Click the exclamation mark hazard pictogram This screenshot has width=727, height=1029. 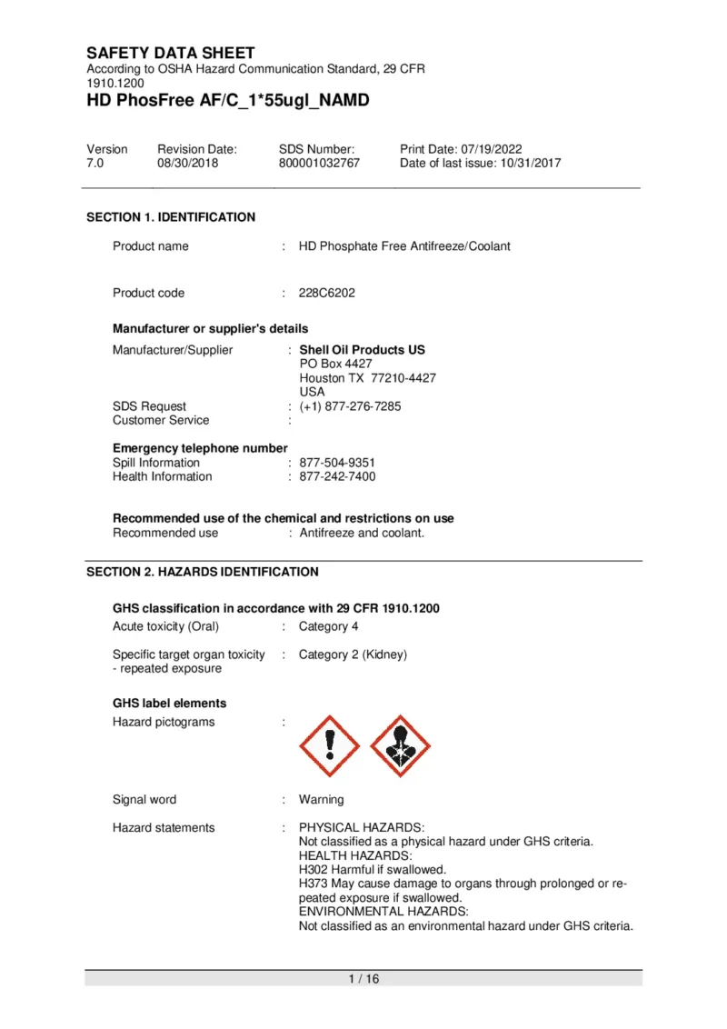pyautogui.click(x=329, y=746)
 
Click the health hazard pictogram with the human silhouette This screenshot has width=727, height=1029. pyautogui.click(x=401, y=746)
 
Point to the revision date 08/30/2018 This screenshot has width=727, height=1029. pyautogui.click(x=188, y=164)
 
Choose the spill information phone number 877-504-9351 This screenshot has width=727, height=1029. pyautogui.click(x=337, y=463)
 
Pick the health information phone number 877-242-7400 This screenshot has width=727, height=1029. pyautogui.click(x=337, y=476)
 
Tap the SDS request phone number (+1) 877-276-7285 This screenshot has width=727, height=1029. pyautogui.click(x=350, y=406)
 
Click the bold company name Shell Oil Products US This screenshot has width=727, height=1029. pyautogui.click(x=362, y=350)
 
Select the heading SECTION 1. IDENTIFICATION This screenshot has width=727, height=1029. pyautogui.click(x=171, y=217)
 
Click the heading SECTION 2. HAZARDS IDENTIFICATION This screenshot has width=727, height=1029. pyautogui.click(x=202, y=572)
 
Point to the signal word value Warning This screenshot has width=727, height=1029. pyautogui.click(x=322, y=800)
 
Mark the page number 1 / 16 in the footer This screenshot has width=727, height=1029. pyautogui.click(x=363, y=979)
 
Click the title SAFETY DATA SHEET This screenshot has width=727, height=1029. pyautogui.click(x=171, y=53)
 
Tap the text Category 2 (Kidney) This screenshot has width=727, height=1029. pyautogui.click(x=353, y=654)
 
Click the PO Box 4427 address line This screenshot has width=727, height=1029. pyautogui.click(x=335, y=364)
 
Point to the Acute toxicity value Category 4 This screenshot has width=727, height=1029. pyautogui.click(x=329, y=626)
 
